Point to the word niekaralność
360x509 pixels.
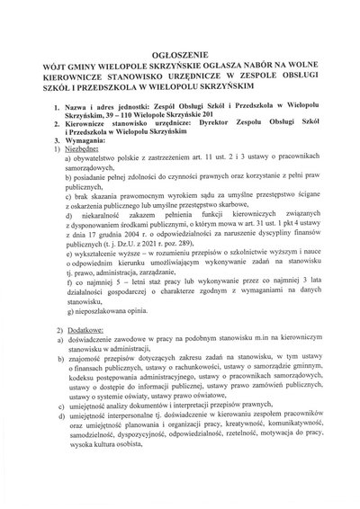[108, 224]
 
